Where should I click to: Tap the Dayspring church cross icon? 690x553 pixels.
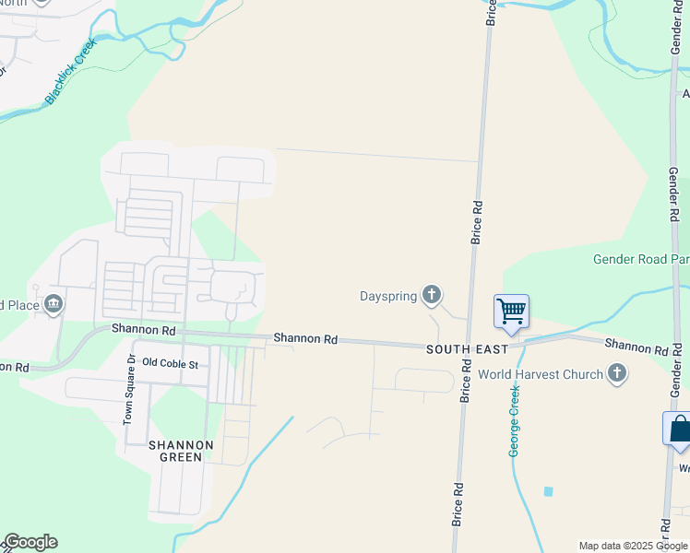tap(431, 296)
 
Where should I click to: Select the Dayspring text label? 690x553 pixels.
tap(388, 297)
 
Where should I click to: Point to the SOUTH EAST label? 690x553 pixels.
tap(467, 349)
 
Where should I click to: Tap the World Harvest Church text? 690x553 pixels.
tap(540, 375)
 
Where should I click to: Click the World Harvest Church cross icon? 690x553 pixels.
tap(617, 374)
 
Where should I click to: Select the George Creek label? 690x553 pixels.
tap(515, 421)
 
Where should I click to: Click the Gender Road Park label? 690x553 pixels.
tap(641, 260)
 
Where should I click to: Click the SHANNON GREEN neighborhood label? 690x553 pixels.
tap(181, 453)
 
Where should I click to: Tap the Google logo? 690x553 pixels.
tap(30, 542)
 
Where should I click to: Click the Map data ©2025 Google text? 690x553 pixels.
tap(633, 546)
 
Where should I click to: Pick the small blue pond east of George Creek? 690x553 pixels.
tap(549, 491)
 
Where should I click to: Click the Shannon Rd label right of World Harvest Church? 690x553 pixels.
tap(636, 348)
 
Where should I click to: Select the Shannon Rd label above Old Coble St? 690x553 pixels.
tap(144, 328)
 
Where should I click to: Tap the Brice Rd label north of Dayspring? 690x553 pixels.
tap(478, 221)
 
